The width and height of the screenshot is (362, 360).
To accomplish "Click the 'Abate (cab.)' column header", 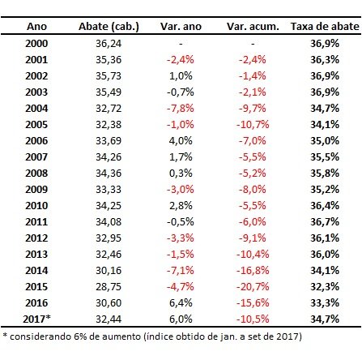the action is click(109, 27).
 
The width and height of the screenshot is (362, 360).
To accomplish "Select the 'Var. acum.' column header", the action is click(253, 27).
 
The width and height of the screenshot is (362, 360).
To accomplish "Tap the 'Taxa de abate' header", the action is click(325, 27).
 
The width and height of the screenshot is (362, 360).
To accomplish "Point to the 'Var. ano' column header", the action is click(181, 27).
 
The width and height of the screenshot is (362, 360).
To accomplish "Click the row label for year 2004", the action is click(36, 109).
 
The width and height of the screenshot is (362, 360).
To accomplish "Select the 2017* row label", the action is click(36, 319).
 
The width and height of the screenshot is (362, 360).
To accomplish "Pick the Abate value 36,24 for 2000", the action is click(109, 44).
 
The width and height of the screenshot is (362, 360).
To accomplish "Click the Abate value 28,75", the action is click(109, 287).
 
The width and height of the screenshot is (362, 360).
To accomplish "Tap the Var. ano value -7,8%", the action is click(181, 109).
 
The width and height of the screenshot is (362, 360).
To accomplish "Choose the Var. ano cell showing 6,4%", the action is click(181, 303).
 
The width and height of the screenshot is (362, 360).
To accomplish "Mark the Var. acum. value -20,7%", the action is click(253, 287).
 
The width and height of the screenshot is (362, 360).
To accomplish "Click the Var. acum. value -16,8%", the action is click(253, 271).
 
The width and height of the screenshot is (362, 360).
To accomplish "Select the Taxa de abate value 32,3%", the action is click(325, 287).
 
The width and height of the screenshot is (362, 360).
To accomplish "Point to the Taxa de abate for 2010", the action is click(325, 206).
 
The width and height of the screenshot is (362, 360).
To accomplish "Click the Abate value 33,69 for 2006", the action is click(109, 141).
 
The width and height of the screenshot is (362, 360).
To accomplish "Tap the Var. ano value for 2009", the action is click(181, 190).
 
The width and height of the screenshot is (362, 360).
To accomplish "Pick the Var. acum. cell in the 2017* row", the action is click(253, 319).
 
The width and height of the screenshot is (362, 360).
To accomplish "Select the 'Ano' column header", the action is click(36, 27).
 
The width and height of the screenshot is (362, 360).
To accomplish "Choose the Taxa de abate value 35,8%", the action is click(325, 174).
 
